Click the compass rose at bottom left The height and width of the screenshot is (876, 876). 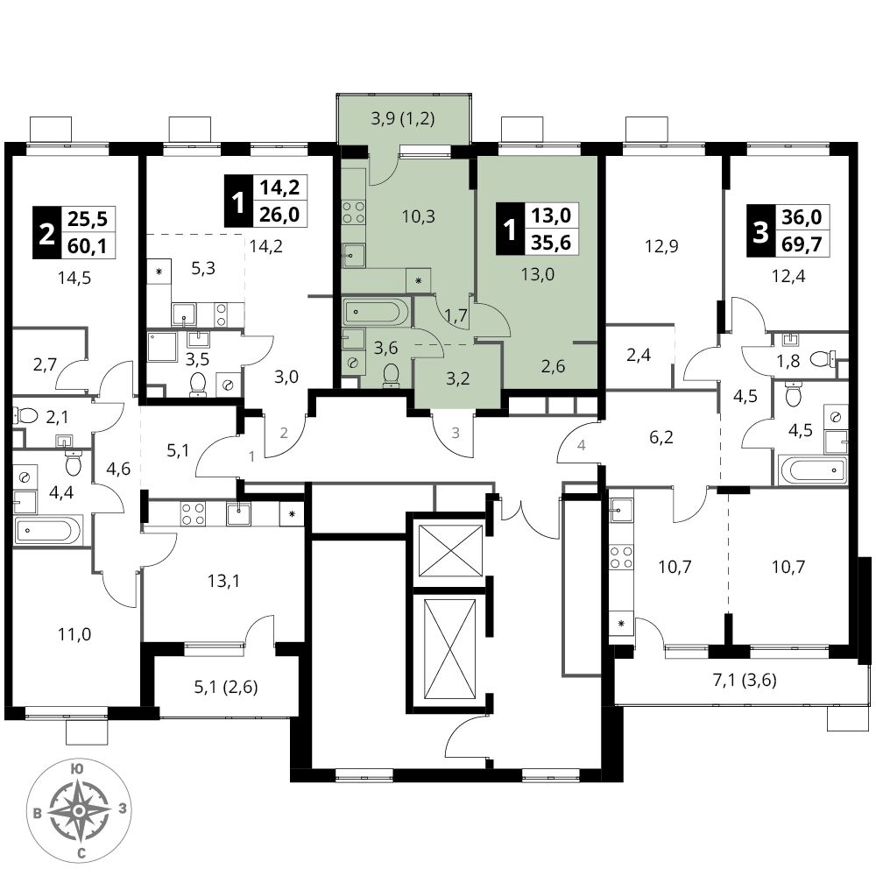[80, 810]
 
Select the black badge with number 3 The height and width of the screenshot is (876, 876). [761, 230]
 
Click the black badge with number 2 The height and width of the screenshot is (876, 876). [46, 233]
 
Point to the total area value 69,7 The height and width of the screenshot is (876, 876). [802, 244]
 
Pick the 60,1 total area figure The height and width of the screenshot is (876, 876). [87, 246]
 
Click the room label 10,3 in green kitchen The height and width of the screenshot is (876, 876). [419, 216]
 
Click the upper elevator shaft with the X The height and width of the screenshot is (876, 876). [450, 550]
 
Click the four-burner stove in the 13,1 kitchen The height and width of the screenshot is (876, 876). [193, 514]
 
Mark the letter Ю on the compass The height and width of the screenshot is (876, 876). [77, 769]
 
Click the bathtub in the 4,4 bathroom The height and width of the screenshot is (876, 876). [48, 530]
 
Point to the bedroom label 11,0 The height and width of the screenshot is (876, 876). [74, 634]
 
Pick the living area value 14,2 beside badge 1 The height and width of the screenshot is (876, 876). [279, 187]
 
